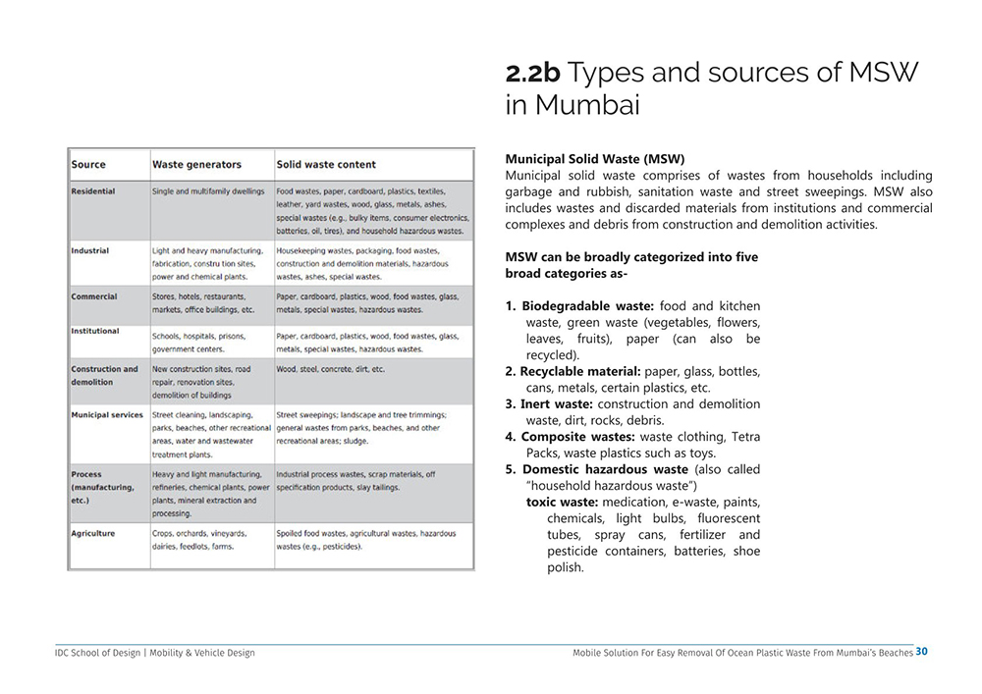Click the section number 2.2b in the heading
pyautogui.click(x=532, y=74)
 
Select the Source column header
pyautogui.click(x=88, y=164)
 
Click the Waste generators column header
pyautogui.click(x=196, y=164)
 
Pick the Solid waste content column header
pyautogui.click(x=326, y=164)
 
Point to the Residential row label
pyautogui.click(x=93, y=191)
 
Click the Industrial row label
pyautogui.click(x=90, y=250)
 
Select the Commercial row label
pyautogui.click(x=94, y=296)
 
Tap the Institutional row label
pyautogui.click(x=95, y=331)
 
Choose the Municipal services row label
pyautogui.click(x=107, y=415)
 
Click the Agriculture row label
pyautogui.click(x=93, y=533)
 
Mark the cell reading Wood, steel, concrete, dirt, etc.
pyautogui.click(x=331, y=370)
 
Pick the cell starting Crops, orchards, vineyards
pyautogui.click(x=199, y=540)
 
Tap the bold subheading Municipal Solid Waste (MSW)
pyautogui.click(x=594, y=159)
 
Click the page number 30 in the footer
pyautogui.click(x=921, y=652)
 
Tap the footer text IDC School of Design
pyautogui.click(x=97, y=653)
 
